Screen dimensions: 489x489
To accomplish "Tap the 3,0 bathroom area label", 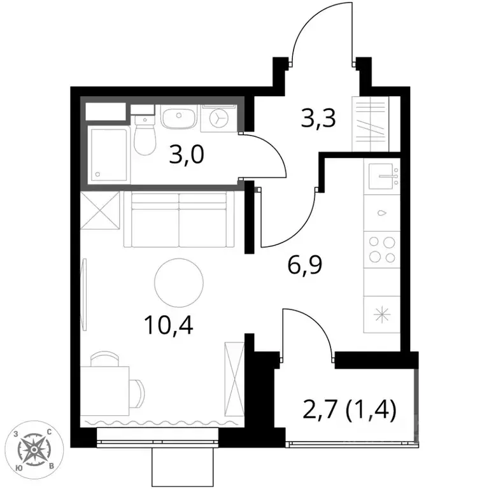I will pyautogui.click(x=187, y=155).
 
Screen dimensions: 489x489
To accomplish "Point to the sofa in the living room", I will pyautogui.click(x=180, y=220).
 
